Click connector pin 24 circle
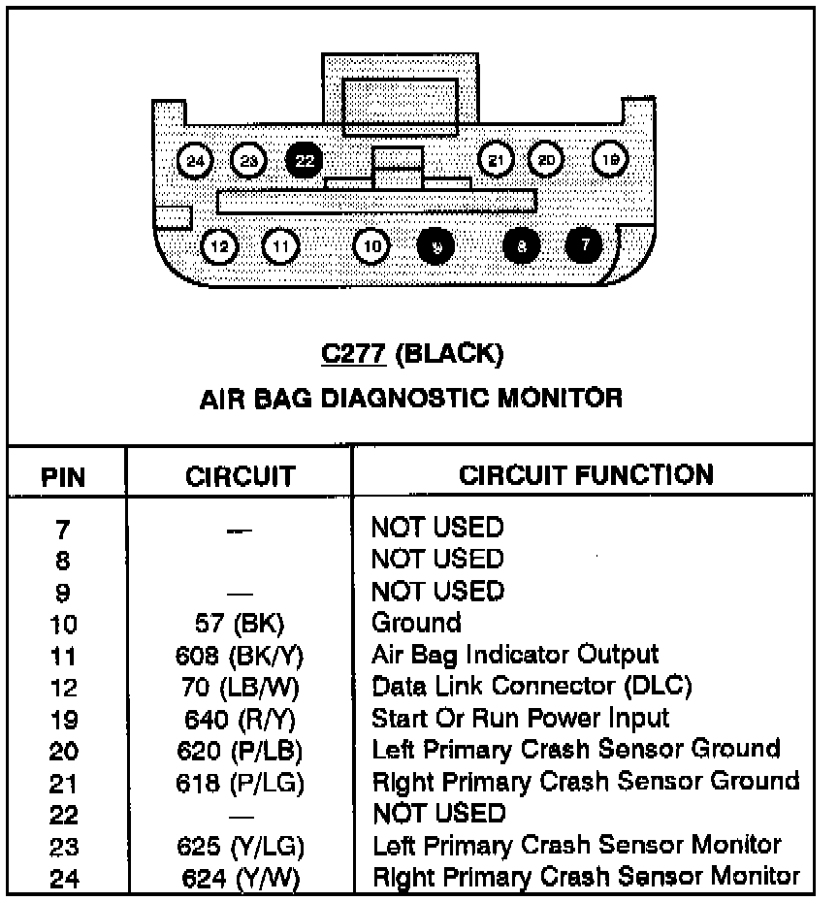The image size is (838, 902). (197, 160)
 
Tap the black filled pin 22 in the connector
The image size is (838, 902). (306, 160)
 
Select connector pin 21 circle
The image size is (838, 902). (497, 160)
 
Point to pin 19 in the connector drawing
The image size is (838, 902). (610, 160)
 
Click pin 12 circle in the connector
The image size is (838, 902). (220, 246)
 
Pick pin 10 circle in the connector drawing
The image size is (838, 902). (372, 246)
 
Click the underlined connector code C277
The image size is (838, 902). (354, 355)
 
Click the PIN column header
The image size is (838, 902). (63, 477)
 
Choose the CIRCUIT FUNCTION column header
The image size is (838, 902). (586, 475)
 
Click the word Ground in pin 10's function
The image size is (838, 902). (417, 623)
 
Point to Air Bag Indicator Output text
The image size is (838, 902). (515, 655)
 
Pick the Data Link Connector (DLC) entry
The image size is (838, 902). (532, 687)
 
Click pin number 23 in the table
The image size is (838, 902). (63, 848)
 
